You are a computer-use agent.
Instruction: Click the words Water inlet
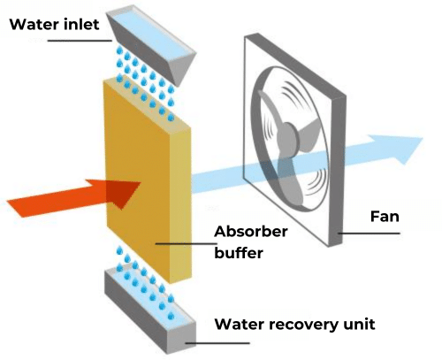pyautogui.click(x=55, y=24)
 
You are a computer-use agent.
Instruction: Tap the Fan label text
pyautogui.click(x=385, y=217)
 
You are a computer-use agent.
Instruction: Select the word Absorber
pyautogui.click(x=251, y=232)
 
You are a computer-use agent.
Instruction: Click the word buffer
pyautogui.click(x=239, y=253)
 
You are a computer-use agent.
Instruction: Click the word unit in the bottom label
pyautogui.click(x=360, y=324)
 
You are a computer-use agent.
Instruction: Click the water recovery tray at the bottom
pyautogui.click(x=150, y=308)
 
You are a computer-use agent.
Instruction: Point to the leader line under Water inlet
pyautogui.click(x=80, y=41)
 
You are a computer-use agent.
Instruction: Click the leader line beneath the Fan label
pyautogui.click(x=369, y=234)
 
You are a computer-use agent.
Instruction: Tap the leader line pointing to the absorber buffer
pyautogui.click(x=187, y=244)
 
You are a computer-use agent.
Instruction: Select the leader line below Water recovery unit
pyautogui.click(x=217, y=343)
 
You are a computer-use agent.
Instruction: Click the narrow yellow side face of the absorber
pyautogui.click(x=180, y=203)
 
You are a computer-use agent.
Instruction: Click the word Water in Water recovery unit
pyautogui.click(x=240, y=324)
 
